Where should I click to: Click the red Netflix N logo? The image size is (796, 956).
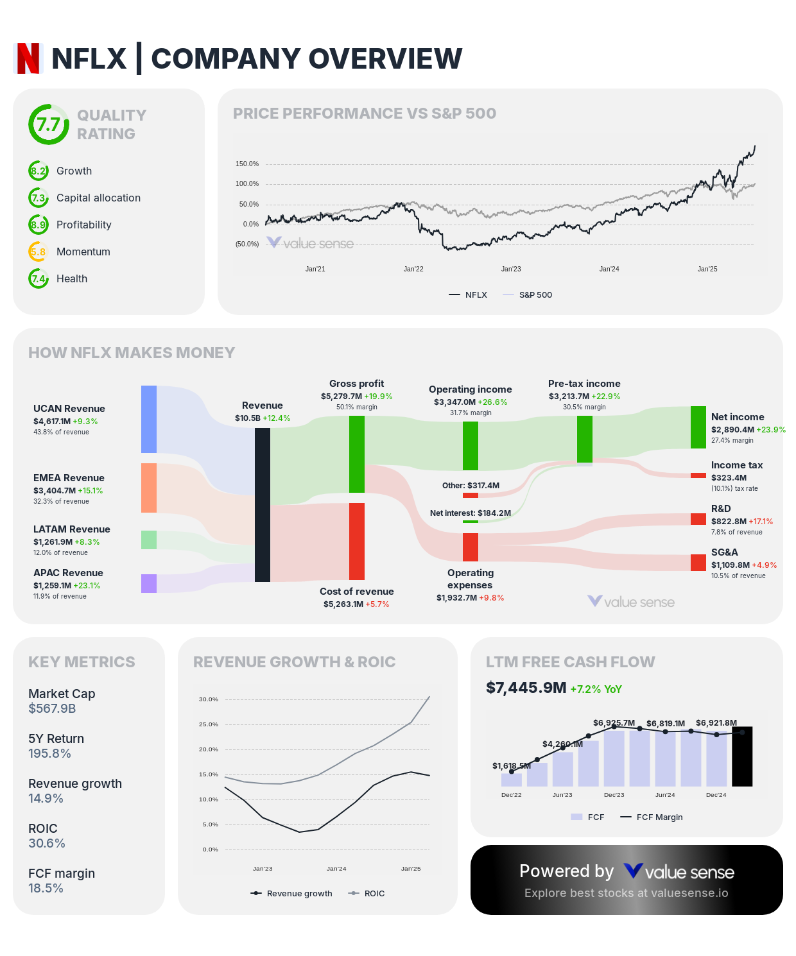[28, 58]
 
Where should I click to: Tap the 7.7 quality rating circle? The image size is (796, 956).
[48, 124]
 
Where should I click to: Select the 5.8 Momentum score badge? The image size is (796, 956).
[39, 252]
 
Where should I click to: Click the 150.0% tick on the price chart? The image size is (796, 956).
[247, 164]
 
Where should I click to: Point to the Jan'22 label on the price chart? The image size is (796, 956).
[413, 269]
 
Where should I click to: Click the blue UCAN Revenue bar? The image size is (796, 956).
[149, 419]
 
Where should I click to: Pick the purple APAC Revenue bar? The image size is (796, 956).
[149, 583]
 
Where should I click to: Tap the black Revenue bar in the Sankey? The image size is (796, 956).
[263, 505]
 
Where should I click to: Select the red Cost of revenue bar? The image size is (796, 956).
[357, 541]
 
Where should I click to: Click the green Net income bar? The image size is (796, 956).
[698, 427]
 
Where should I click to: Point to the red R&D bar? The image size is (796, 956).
[698, 519]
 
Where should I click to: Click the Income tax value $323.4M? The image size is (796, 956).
[729, 477]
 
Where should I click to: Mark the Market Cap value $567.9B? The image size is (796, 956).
[52, 708]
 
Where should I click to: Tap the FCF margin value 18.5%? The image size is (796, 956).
[46, 888]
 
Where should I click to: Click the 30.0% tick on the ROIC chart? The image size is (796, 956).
[209, 699]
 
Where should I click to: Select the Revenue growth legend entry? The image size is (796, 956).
[292, 893]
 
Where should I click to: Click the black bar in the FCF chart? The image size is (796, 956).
[742, 756]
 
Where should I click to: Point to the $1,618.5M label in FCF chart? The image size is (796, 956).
[512, 765]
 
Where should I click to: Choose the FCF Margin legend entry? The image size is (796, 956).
[652, 817]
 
